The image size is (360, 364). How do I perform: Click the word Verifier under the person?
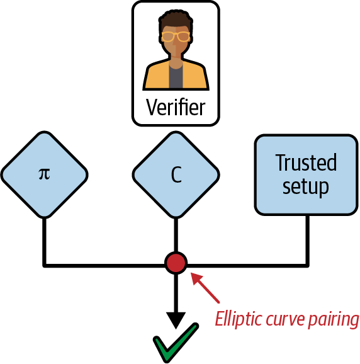tap(176, 106)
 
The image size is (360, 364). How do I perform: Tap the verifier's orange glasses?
tap(176, 37)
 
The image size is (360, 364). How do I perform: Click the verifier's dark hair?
tap(176, 19)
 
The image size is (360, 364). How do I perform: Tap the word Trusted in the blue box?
tap(306, 162)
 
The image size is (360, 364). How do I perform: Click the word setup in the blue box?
tap(306, 186)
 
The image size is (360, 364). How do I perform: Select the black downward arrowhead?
tap(176, 319)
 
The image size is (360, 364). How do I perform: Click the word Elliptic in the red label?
tap(237, 319)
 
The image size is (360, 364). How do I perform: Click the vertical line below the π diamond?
tap(43, 239)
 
